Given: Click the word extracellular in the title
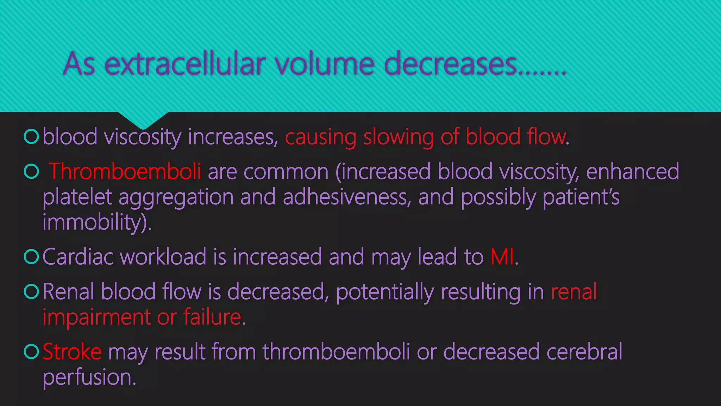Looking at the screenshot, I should click(x=185, y=64).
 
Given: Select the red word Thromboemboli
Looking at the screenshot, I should click(x=125, y=172).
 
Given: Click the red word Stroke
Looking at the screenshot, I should click(x=72, y=352).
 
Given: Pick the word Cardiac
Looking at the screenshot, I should click(x=78, y=257).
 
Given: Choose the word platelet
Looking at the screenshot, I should click(x=77, y=197).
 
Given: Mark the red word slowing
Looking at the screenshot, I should click(x=399, y=137).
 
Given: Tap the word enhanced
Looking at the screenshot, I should click(x=633, y=172).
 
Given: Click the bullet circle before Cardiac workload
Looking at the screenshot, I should click(x=31, y=257).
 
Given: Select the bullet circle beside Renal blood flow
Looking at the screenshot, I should click(x=31, y=291).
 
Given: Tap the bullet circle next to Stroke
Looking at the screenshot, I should click(x=31, y=351).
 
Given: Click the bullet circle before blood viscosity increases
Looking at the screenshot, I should click(x=31, y=137).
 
